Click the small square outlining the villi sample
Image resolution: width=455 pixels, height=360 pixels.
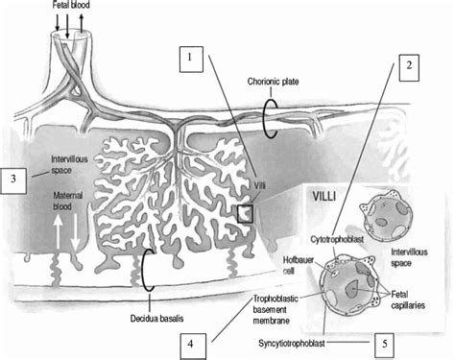click(x=245, y=213)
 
